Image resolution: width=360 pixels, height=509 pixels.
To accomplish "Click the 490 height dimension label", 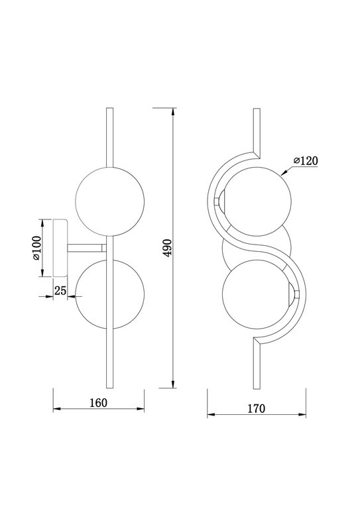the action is (168, 248).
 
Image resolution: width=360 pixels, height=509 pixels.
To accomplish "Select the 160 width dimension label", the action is (98, 403).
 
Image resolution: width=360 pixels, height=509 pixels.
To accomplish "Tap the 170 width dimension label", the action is (257, 409).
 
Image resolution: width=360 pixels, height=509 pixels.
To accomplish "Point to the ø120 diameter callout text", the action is (306, 160).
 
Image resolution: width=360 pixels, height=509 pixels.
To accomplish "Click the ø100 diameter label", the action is (36, 248).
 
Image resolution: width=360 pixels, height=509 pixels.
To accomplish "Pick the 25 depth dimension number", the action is (60, 290).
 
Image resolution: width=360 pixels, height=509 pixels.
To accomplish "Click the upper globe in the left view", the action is (109, 201).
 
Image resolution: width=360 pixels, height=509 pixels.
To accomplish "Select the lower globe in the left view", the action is (109, 294).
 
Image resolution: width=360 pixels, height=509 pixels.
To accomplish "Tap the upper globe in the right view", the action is (257, 201).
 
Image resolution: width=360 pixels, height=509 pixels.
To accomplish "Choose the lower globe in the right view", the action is (257, 294).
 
